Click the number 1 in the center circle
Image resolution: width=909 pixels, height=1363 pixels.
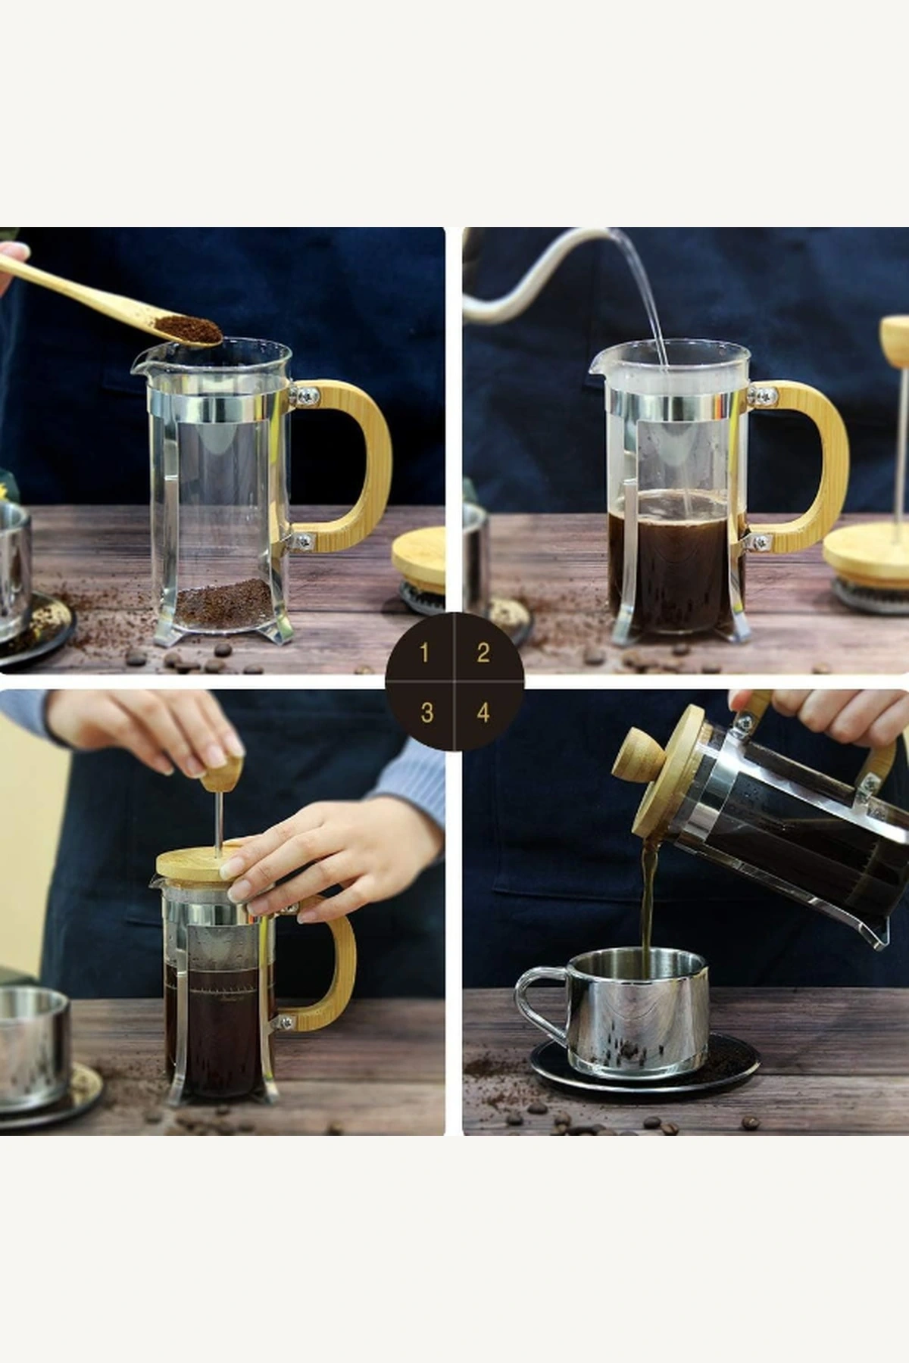point(424,652)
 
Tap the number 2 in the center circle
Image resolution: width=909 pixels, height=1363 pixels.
point(483,653)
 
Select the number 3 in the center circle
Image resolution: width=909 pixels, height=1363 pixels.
point(426,712)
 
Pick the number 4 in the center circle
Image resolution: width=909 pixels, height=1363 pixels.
point(483,712)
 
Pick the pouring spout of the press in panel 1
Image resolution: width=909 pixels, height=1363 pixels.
point(139,365)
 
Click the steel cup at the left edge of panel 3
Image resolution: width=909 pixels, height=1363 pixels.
point(30,1045)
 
